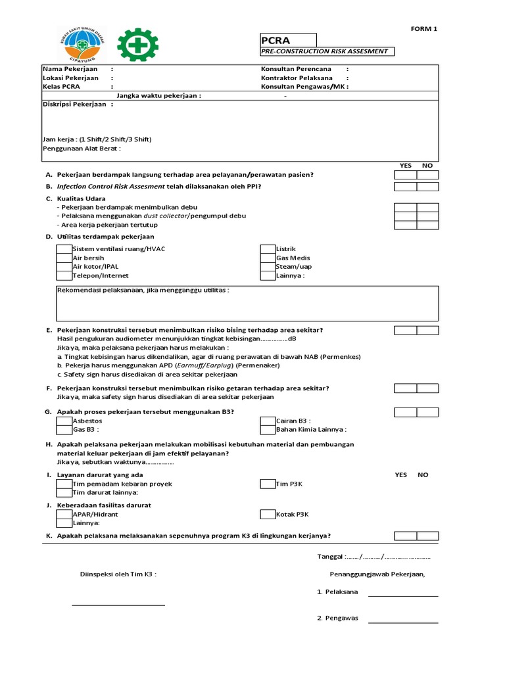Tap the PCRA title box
tap(288, 40)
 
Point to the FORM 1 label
tap(423, 28)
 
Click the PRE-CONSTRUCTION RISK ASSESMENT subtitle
tap(327, 51)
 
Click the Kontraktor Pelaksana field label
tap(296, 78)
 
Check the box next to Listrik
tap(268, 249)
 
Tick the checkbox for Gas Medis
tap(268, 258)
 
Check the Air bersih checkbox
tap(64, 258)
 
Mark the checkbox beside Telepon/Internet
tap(64, 276)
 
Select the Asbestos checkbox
tap(64, 421)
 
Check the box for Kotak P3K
tap(268, 515)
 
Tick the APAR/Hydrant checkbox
tap(64, 515)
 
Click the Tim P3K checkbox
tap(268, 484)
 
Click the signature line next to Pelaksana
tap(402, 595)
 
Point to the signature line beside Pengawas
tap(402, 622)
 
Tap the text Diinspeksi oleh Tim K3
tap(118, 574)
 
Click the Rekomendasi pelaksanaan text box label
tap(143, 290)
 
